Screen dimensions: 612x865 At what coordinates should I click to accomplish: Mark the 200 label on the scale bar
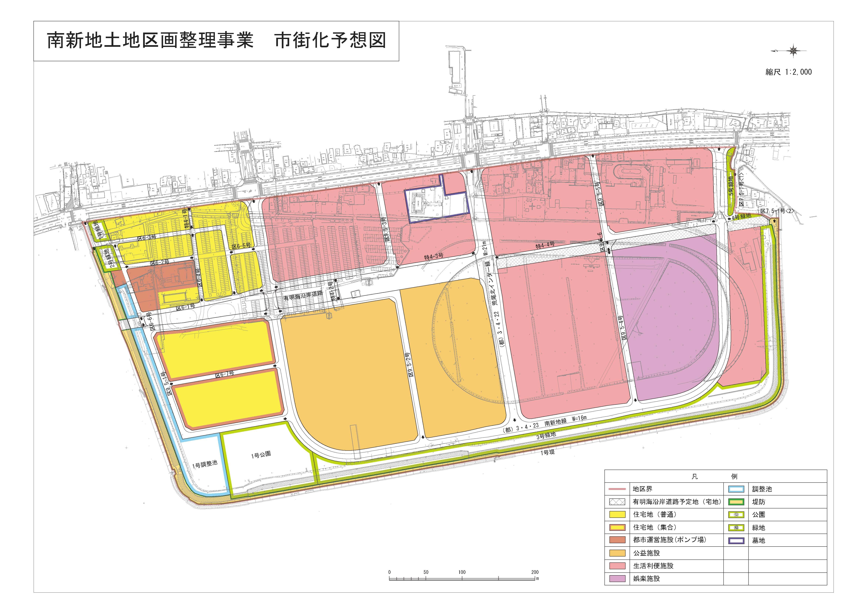tap(535, 572)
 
